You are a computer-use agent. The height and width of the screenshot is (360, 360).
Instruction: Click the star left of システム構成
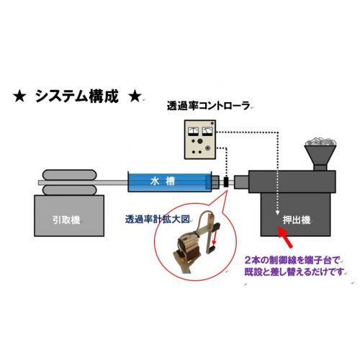point(19,96)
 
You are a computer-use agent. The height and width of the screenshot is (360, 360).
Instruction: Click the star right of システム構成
point(135,96)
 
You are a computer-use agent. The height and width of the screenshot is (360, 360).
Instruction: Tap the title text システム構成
point(77,96)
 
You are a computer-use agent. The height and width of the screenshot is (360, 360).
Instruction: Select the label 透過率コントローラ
point(208,106)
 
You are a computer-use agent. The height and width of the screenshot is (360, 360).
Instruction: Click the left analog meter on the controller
point(193,131)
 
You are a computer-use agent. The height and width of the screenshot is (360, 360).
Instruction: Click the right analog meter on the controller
point(207,131)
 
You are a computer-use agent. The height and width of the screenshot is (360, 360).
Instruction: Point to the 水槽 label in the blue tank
point(162,181)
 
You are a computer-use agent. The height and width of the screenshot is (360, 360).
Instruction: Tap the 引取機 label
point(66,220)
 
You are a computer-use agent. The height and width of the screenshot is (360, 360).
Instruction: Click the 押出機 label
point(297,220)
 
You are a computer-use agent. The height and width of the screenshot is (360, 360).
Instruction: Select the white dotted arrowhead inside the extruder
point(277,212)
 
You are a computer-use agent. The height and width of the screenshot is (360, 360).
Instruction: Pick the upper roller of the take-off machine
point(70,175)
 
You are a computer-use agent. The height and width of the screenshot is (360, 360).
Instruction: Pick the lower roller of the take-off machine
point(70,190)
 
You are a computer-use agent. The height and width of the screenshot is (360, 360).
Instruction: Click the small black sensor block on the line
point(226,182)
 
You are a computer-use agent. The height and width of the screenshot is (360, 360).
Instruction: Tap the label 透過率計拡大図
point(158,219)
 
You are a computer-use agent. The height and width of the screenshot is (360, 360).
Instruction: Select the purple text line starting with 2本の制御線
point(292,260)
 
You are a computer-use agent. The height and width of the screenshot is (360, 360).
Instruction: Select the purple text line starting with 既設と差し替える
point(294,272)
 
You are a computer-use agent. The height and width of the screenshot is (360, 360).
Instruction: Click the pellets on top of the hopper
point(320,142)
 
